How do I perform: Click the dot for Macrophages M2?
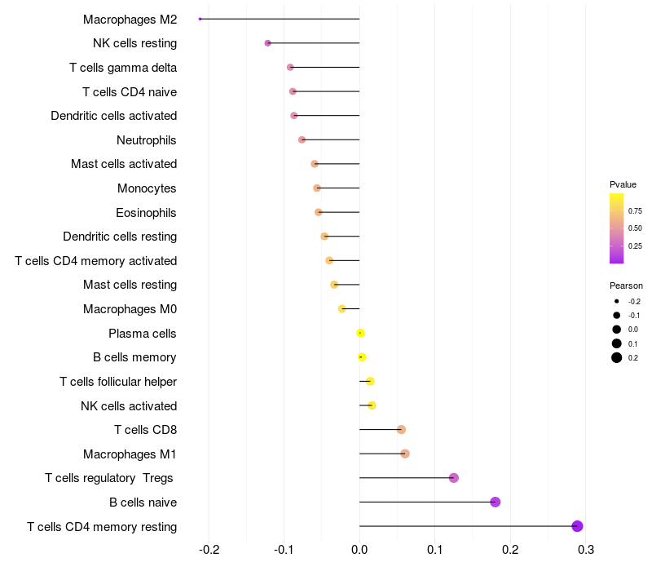pos(200,19)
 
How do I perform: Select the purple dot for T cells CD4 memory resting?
pos(577,526)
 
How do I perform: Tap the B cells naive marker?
pos(495,502)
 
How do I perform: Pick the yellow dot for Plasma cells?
pos(360,333)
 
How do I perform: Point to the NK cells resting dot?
pos(268,43)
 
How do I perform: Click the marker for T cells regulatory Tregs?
pos(454,478)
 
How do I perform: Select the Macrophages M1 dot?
pos(405,454)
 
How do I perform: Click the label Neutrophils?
pos(147,140)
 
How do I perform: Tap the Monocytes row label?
pos(147,188)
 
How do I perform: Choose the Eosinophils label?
pos(146,213)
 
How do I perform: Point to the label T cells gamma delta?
pos(123,68)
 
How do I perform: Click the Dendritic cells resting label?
pos(120,237)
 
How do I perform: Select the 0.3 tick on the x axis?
pos(585,550)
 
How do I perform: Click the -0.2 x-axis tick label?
pos(209,550)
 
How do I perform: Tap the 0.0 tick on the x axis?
pos(359,550)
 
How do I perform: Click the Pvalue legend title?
pos(623,184)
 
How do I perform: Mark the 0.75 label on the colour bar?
pos(635,211)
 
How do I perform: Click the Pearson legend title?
pos(626,286)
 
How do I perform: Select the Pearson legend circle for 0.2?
pos(617,357)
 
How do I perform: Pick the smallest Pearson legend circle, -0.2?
pos(617,301)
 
